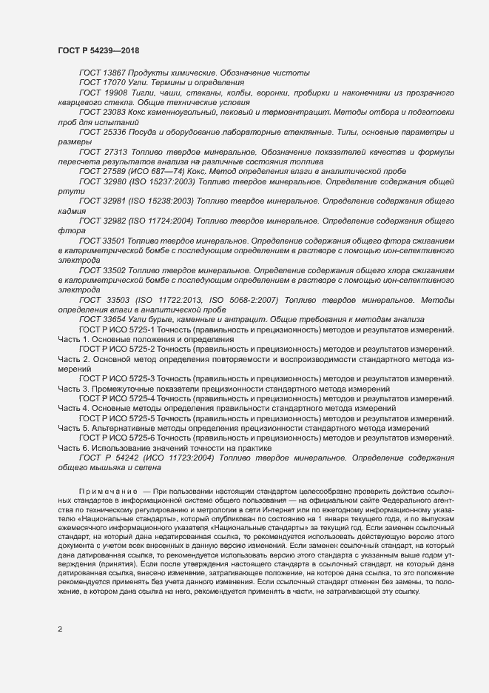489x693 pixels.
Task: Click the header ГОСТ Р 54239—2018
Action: point(98,50)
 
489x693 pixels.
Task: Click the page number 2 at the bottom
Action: point(60,629)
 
